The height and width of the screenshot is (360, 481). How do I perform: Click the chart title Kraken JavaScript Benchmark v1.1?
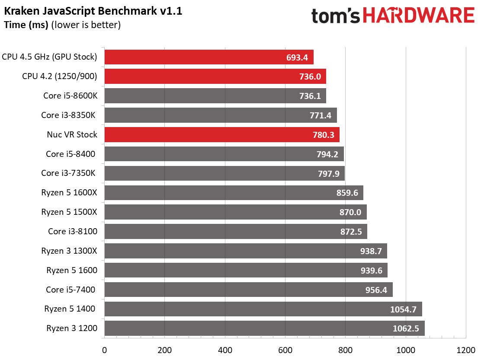tap(93, 11)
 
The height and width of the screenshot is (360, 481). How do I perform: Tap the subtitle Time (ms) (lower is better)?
tap(62, 25)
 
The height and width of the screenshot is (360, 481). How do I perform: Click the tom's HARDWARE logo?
tap(393, 16)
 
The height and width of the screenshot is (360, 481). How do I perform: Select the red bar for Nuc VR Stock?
tap(222, 134)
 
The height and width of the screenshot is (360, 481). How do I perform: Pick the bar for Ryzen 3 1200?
tap(264, 328)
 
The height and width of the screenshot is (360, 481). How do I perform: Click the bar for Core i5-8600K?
tap(215, 96)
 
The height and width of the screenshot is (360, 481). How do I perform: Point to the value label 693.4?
tap(297, 57)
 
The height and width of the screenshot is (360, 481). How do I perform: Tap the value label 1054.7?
tap(403, 309)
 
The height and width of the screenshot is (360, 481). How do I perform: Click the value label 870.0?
tap(350, 212)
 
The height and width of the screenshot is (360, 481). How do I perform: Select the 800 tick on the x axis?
tap(346, 350)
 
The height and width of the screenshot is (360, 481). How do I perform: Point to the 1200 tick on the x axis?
tap(466, 350)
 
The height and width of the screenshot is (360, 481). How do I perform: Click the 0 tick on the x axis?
tap(105, 350)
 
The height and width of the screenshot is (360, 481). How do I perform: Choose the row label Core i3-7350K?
tap(68, 173)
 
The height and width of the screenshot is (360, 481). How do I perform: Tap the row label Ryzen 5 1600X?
tap(69, 192)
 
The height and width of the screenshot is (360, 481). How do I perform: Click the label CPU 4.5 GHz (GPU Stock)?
tap(49, 57)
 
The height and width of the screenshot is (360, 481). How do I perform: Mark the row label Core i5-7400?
tap(71, 290)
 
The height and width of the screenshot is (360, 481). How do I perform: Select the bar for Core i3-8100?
tap(236, 231)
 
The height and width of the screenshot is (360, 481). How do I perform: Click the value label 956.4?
tap(376, 290)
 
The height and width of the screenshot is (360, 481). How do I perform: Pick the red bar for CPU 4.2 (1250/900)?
tap(215, 76)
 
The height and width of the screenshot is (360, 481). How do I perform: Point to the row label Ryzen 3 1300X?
tap(69, 251)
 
